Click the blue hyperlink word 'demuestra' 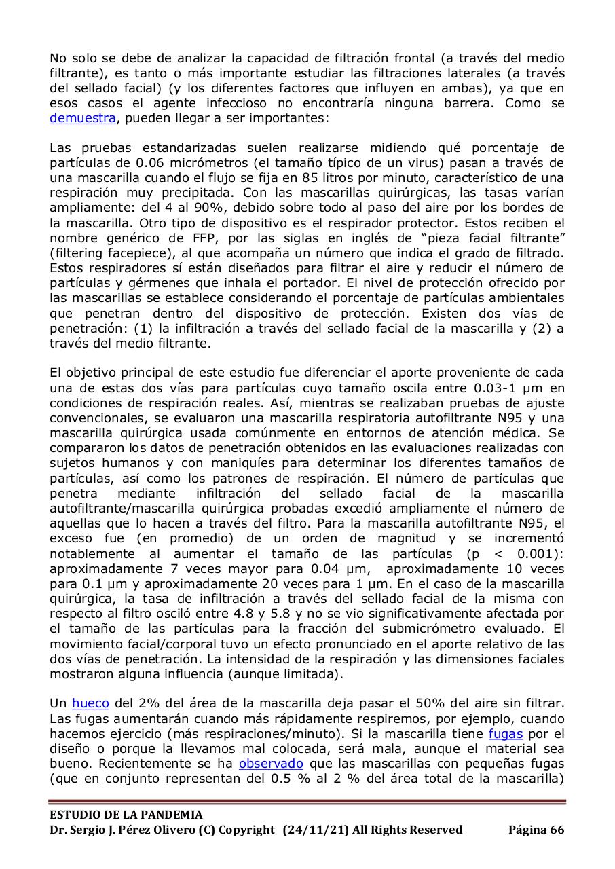[x=83, y=117]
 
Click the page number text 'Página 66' [x=536, y=830]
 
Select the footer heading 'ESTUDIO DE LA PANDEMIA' [x=126, y=815]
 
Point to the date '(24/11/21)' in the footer [x=316, y=830]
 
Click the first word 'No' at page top [x=58, y=58]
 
